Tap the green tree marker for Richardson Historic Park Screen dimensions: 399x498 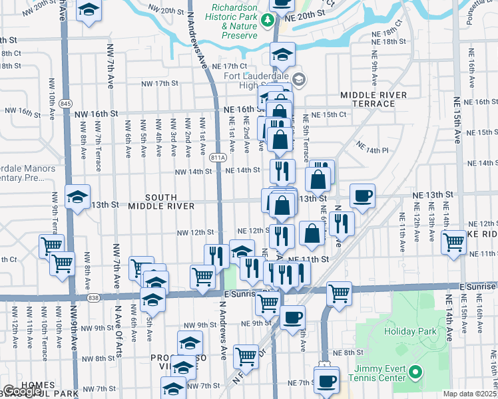pos(268,19)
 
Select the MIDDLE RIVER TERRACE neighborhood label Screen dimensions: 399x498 pos(373,100)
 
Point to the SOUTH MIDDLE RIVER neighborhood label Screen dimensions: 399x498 pos(162,201)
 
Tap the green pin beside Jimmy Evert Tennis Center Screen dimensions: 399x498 pos(415,372)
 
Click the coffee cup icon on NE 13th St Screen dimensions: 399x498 pos(362,196)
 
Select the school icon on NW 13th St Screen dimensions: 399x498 pos(77,197)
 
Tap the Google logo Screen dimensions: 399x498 pos(22,392)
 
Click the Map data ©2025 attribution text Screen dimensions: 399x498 pos(469,394)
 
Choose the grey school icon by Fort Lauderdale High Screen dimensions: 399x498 pos(299,79)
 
